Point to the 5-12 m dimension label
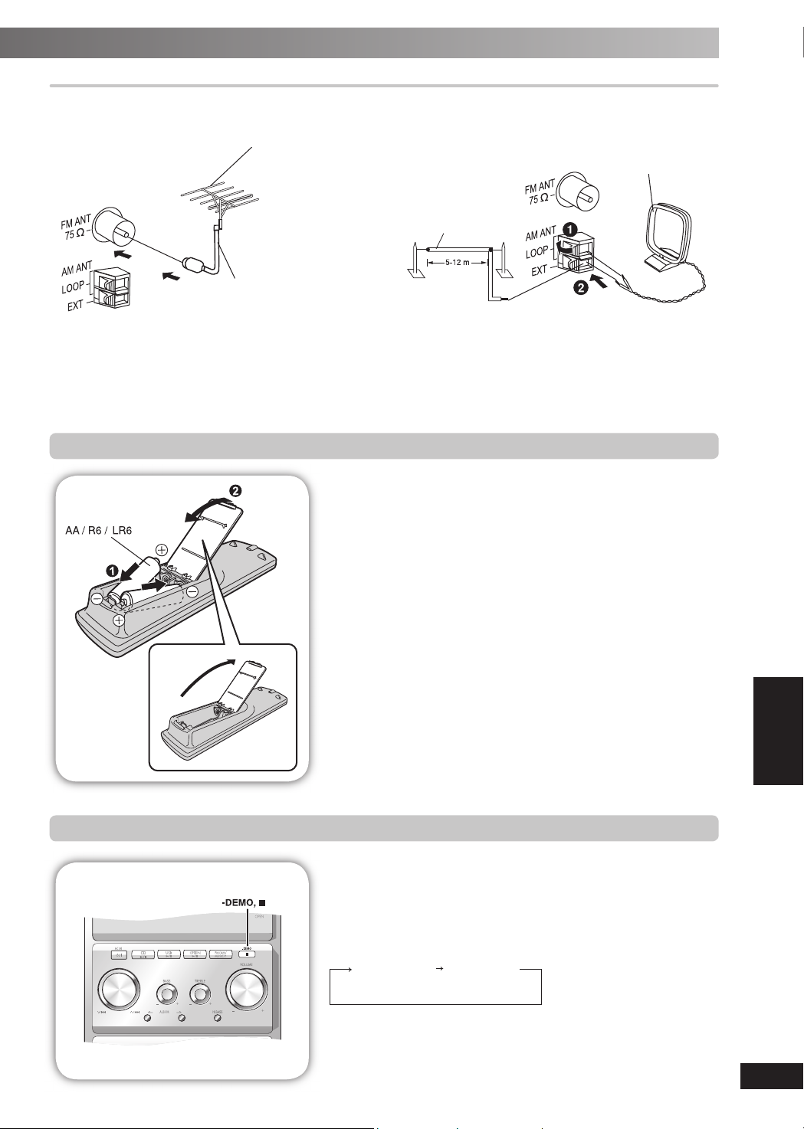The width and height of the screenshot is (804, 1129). tap(458, 262)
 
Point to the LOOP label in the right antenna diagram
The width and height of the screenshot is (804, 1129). tap(537, 252)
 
